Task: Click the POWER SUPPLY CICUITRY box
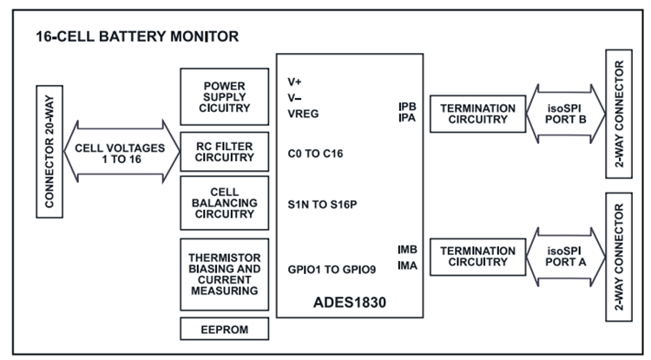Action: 224,97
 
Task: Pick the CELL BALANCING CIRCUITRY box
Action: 224,203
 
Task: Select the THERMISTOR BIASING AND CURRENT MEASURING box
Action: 224,273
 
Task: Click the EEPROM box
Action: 224,330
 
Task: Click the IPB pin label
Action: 407,107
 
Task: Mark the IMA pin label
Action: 407,265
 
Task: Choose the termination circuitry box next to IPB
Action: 477,114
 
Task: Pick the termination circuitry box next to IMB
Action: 477,256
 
